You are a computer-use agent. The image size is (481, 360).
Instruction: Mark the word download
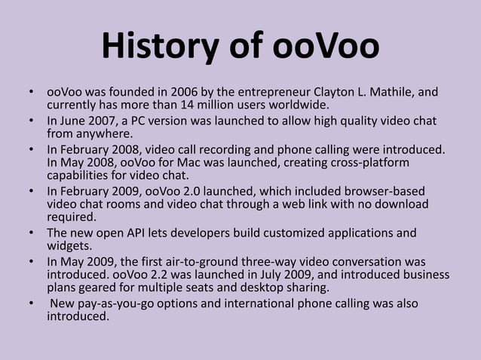point(404,204)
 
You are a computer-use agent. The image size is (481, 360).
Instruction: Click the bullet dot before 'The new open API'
point(32,233)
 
